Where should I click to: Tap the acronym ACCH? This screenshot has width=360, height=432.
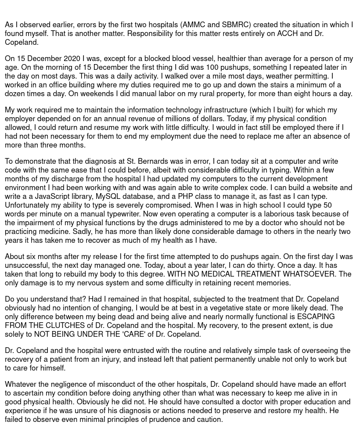point(287,33)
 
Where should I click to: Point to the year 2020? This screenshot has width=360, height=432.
point(72,58)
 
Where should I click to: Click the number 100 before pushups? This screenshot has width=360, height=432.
point(212,67)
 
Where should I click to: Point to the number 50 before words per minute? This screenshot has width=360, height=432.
point(327,205)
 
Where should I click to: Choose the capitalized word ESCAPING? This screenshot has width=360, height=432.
point(316,317)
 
